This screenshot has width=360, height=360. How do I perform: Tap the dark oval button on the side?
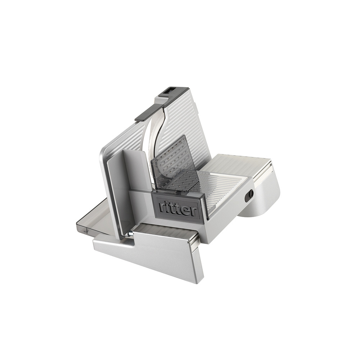[249, 194]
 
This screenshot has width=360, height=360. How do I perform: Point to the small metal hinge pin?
[130, 233]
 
